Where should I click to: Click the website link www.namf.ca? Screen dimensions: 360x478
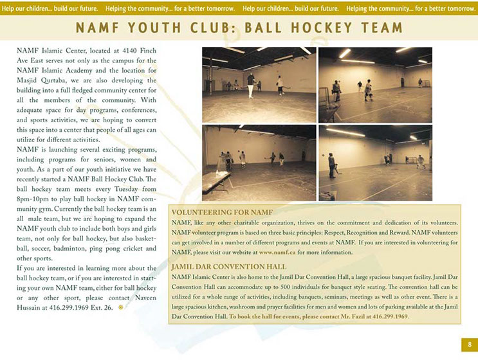pos(277,252)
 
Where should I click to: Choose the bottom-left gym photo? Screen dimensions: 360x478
pos(259,162)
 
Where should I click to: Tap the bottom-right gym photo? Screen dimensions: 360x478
pos(375,162)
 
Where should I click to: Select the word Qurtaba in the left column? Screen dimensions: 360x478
pos(60,81)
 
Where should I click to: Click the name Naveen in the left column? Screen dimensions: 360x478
pos(141,297)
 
